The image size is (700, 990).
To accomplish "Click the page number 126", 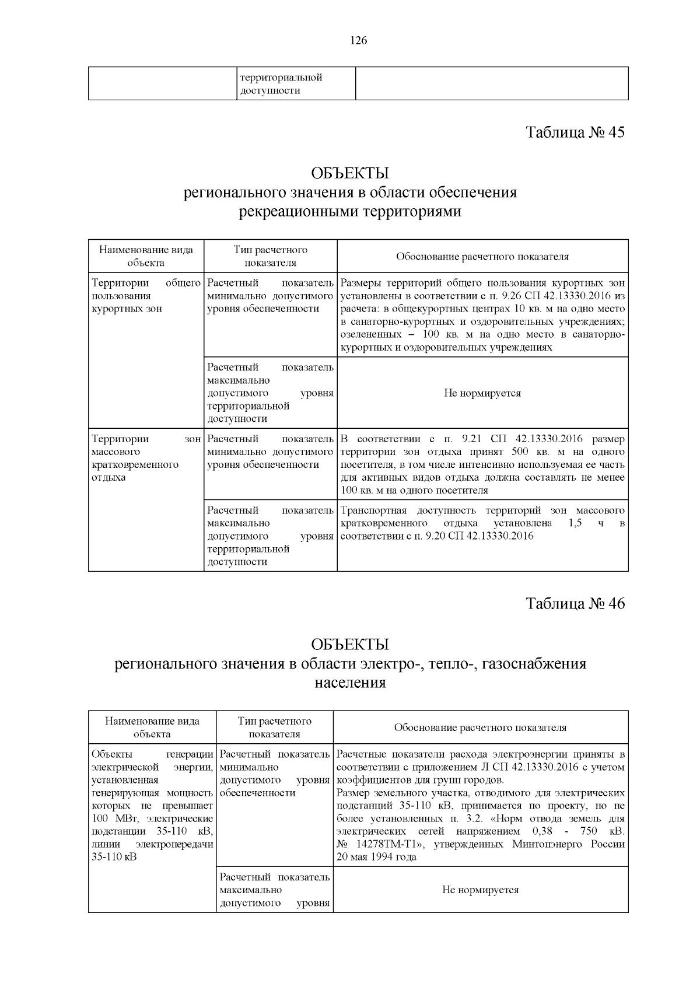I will click(358, 40).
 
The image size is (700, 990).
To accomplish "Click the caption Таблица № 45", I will click(575, 132).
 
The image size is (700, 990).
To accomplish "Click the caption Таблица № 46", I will click(575, 603).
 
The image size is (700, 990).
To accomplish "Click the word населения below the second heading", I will click(350, 682).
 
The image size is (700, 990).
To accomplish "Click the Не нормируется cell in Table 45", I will click(482, 393).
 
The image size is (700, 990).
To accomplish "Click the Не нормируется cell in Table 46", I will click(480, 890).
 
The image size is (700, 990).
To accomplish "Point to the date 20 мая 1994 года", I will click(376, 857).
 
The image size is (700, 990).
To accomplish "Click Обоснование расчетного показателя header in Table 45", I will click(482, 257).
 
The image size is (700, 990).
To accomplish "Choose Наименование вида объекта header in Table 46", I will click(152, 727).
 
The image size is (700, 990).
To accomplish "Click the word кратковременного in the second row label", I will click(135, 464).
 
